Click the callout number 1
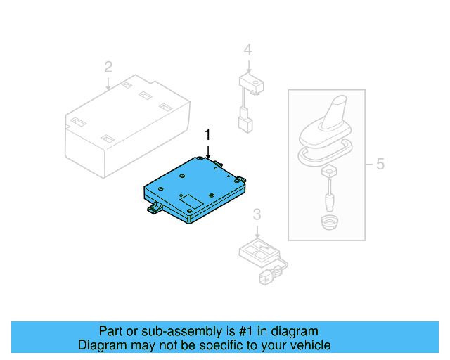[207, 134]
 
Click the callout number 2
[108, 67]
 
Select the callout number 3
[257, 214]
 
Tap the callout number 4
[247, 49]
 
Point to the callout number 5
[380, 165]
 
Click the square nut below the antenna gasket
[328, 172]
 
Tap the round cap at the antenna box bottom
[328, 224]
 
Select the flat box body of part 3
[256, 250]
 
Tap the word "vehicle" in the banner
[309, 345]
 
